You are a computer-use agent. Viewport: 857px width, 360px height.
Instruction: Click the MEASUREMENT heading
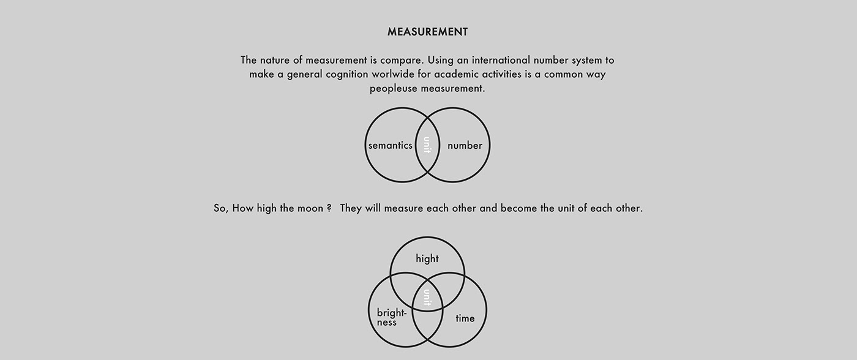tap(427, 32)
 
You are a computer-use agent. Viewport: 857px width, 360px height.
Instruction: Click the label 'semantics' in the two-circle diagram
tap(390, 146)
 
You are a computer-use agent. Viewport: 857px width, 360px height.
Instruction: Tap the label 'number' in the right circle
tap(465, 146)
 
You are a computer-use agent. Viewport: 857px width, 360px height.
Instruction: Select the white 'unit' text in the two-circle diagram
tap(427, 145)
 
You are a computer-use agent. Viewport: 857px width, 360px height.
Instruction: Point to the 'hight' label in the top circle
tap(427, 259)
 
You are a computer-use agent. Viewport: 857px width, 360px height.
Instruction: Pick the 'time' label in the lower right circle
tap(465, 318)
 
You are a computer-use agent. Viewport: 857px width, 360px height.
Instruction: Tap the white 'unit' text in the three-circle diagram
tap(427, 298)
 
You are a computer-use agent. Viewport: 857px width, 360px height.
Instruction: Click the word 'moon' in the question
tap(310, 208)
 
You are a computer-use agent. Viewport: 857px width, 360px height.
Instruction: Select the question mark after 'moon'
tap(329, 208)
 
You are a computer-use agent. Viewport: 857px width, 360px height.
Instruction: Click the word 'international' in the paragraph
tap(496, 60)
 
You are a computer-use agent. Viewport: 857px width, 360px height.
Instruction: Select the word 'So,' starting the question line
tap(221, 208)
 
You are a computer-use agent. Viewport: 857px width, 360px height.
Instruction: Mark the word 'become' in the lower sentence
tap(519, 208)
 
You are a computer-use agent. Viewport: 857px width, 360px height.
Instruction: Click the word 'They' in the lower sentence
tap(351, 208)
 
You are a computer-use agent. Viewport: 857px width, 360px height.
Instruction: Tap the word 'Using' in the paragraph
tap(442, 60)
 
